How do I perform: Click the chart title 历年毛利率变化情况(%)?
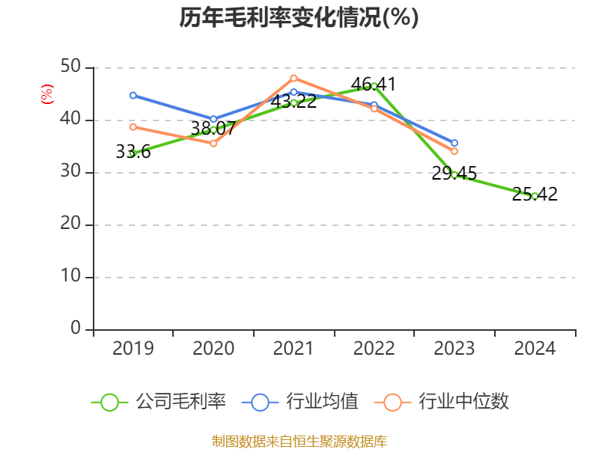[x=299, y=17]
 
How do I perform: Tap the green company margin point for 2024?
[x=535, y=196]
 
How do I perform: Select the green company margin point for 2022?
[x=374, y=85]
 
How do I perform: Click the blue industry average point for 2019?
[x=133, y=95]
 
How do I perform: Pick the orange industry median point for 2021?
[x=294, y=78]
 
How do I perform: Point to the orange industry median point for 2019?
[x=133, y=126]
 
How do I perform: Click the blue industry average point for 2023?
[x=454, y=143]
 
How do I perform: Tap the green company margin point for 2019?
[x=133, y=153]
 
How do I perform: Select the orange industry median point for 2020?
[x=213, y=143]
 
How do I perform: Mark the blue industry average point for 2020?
[x=213, y=119]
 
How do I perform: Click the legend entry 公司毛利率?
[x=159, y=402]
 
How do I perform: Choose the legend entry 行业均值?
[x=300, y=402]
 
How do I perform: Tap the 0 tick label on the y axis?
[x=76, y=329]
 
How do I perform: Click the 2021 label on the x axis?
[x=294, y=349]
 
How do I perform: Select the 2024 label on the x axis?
[x=535, y=349]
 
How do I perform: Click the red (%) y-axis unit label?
[x=46, y=94]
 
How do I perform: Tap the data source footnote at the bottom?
[x=299, y=441]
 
